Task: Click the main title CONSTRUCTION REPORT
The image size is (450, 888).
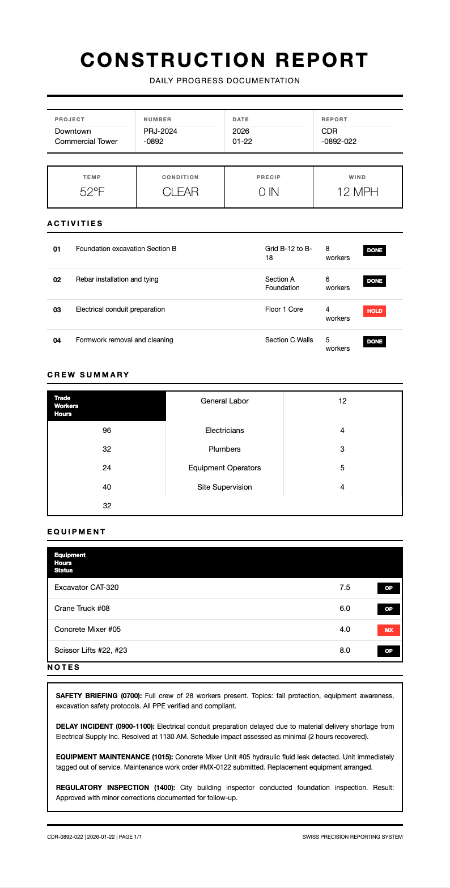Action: click(x=224, y=60)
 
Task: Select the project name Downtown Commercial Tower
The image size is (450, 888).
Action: click(x=86, y=137)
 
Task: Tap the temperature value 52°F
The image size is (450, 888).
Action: click(x=92, y=192)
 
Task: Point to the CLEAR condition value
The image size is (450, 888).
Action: click(x=180, y=192)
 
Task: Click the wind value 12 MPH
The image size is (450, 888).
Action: click(x=357, y=192)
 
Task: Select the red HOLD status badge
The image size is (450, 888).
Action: click(x=374, y=311)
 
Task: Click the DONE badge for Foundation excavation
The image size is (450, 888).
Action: click(x=374, y=250)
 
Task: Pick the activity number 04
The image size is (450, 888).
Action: click(x=57, y=341)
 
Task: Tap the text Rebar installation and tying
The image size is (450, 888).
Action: click(x=117, y=279)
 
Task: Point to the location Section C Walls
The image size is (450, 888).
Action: click(x=289, y=340)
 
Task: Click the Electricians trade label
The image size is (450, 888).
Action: click(x=224, y=431)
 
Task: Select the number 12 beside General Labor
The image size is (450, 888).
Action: click(x=342, y=401)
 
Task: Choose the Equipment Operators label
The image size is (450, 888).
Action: click(x=224, y=468)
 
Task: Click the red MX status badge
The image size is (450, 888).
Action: click(x=389, y=630)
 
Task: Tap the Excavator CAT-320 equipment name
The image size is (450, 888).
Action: click(x=87, y=588)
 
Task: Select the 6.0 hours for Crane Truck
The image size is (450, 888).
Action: click(x=345, y=609)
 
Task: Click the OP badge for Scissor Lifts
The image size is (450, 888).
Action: click(x=389, y=651)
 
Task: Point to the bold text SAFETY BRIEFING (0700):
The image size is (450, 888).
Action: click(x=99, y=695)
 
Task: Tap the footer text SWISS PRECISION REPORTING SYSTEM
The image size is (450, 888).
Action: click(x=353, y=837)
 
